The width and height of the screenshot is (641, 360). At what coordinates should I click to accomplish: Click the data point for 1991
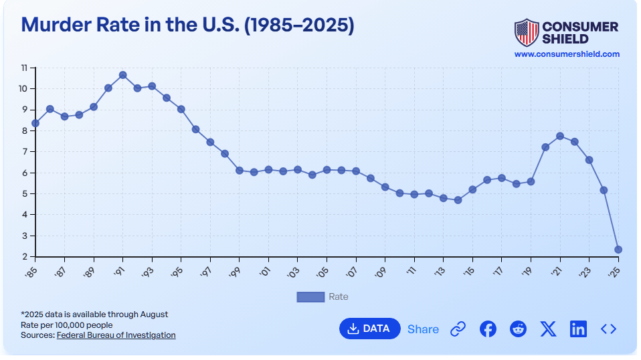tap(123, 75)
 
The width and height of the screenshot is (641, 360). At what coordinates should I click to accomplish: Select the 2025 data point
tap(618, 250)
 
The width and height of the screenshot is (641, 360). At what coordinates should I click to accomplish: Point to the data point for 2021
tap(560, 136)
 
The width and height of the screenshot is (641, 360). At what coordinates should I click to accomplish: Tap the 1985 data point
tap(35, 123)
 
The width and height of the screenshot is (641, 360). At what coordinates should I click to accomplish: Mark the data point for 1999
tap(240, 170)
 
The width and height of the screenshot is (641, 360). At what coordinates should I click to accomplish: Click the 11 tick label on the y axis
tap(23, 68)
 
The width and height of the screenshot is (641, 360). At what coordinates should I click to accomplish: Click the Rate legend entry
tap(323, 296)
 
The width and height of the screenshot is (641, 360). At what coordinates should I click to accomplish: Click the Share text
tap(423, 329)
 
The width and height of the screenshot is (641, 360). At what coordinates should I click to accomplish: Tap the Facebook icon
tap(488, 329)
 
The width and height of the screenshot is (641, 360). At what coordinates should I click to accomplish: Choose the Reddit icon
tap(518, 329)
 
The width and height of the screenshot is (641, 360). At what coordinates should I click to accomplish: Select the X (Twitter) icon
tap(548, 329)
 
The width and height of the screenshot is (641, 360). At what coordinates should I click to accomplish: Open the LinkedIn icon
tap(578, 329)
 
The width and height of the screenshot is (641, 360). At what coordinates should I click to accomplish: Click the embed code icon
tap(608, 329)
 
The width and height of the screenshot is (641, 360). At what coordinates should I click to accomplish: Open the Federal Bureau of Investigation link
tap(116, 335)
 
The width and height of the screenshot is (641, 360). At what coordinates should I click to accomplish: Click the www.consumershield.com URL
tap(567, 54)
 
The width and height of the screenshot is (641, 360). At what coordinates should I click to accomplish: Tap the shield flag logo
tap(526, 31)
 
